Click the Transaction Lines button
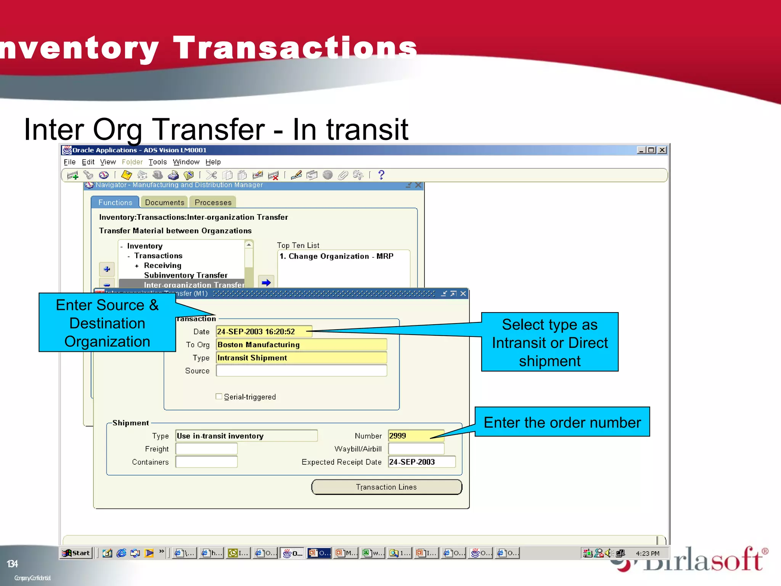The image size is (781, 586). coord(386,487)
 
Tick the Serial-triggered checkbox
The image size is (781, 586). coord(219,396)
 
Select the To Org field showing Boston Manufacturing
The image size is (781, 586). coord(301,345)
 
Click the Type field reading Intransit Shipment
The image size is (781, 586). coord(301,357)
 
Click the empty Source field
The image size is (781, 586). coord(301,370)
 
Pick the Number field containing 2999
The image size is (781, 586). coord(416,436)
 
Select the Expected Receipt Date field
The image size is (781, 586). coord(421,462)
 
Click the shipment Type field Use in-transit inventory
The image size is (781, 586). coord(246,436)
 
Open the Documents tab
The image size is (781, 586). coord(164,202)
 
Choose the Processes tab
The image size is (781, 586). coord(213,202)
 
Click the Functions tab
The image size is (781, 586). coord(115,202)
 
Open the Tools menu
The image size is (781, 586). coord(157,162)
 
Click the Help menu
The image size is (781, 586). coord(213,162)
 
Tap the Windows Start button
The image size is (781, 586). coord(76,553)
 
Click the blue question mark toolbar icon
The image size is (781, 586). coord(381,175)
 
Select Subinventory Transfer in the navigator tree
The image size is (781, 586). coord(185,275)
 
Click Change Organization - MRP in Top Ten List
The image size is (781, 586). coord(336,256)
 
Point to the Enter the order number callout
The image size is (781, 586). coord(562,422)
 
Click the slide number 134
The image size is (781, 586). coord(12,563)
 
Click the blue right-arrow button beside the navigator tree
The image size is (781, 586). coord(266,282)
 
